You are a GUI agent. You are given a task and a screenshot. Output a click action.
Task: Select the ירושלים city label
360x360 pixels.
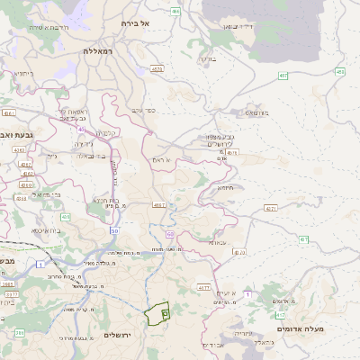pyautogui.click(x=118, y=335)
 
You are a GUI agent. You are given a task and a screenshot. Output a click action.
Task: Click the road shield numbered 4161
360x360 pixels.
pyautogui.click(x=9, y=113)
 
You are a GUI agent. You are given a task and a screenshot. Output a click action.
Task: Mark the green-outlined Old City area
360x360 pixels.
pyautogui.click(x=157, y=313)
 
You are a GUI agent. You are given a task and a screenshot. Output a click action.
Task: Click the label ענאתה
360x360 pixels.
pyautogui.click(x=218, y=242)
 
